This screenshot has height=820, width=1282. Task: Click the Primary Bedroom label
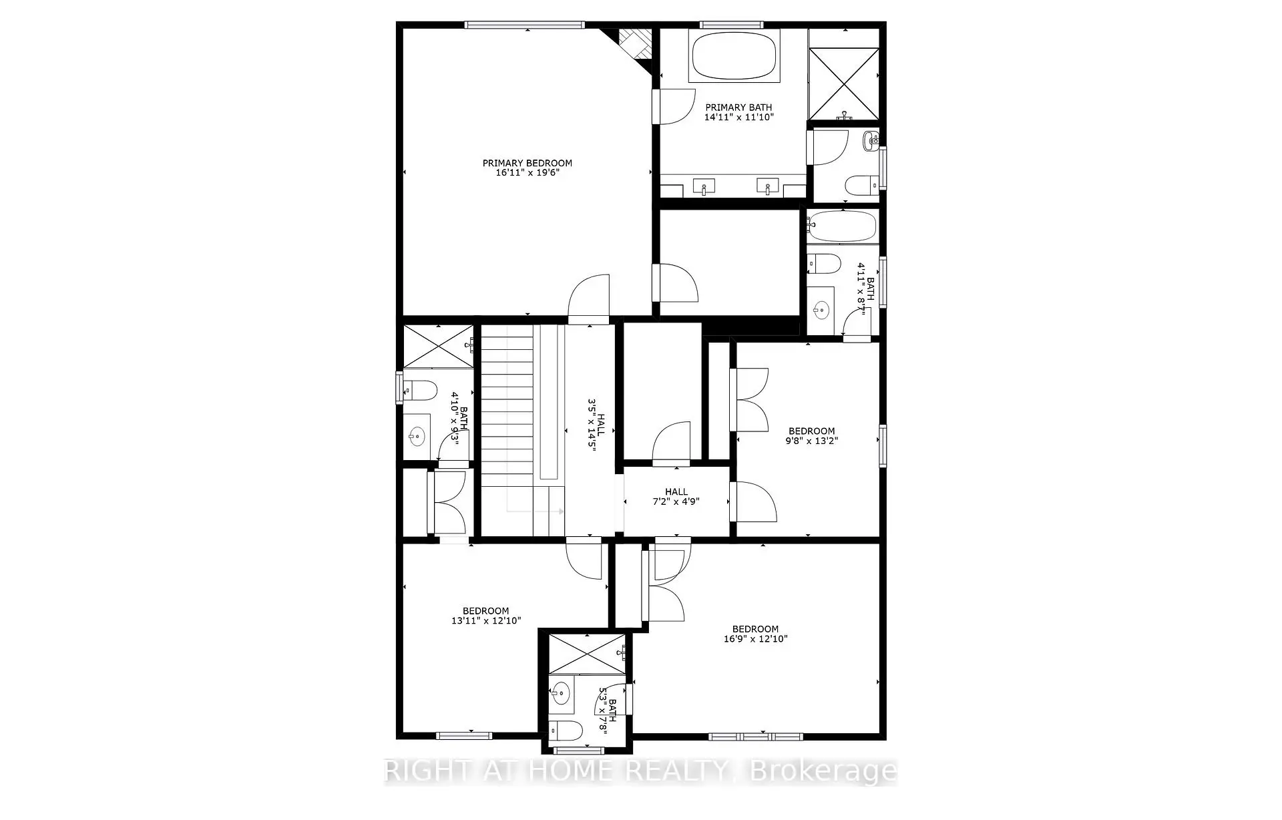[527, 163]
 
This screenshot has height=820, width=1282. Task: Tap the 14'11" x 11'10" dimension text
[738, 117]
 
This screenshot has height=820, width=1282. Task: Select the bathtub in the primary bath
[734, 55]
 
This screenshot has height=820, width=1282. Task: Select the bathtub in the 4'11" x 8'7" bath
[842, 226]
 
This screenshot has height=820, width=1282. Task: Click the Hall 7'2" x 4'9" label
[676, 496]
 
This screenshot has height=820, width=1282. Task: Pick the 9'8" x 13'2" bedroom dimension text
[811, 441]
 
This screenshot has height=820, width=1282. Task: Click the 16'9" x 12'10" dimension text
[755, 638]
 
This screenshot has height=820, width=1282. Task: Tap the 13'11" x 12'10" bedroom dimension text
[485, 620]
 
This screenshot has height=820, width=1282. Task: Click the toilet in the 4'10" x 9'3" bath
[420, 389]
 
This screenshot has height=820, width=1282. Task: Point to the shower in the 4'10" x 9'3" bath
[437, 346]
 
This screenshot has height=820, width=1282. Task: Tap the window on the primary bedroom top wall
[525, 25]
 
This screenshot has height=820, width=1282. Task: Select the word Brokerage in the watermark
[824, 771]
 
